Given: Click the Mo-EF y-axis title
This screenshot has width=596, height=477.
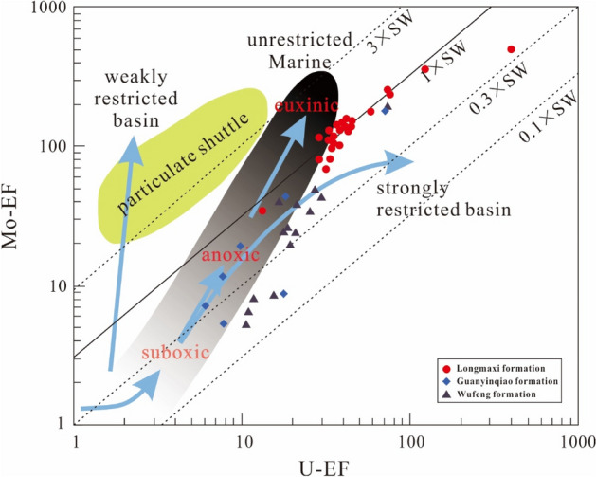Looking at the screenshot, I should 16,216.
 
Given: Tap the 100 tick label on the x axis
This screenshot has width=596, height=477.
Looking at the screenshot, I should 409,444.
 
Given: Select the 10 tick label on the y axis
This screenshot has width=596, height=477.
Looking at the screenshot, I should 55,285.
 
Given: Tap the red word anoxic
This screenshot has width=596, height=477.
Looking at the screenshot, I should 229,256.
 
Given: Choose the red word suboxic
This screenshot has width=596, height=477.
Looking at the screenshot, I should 172,353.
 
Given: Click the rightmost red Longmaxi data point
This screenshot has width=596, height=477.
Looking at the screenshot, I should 512,49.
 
